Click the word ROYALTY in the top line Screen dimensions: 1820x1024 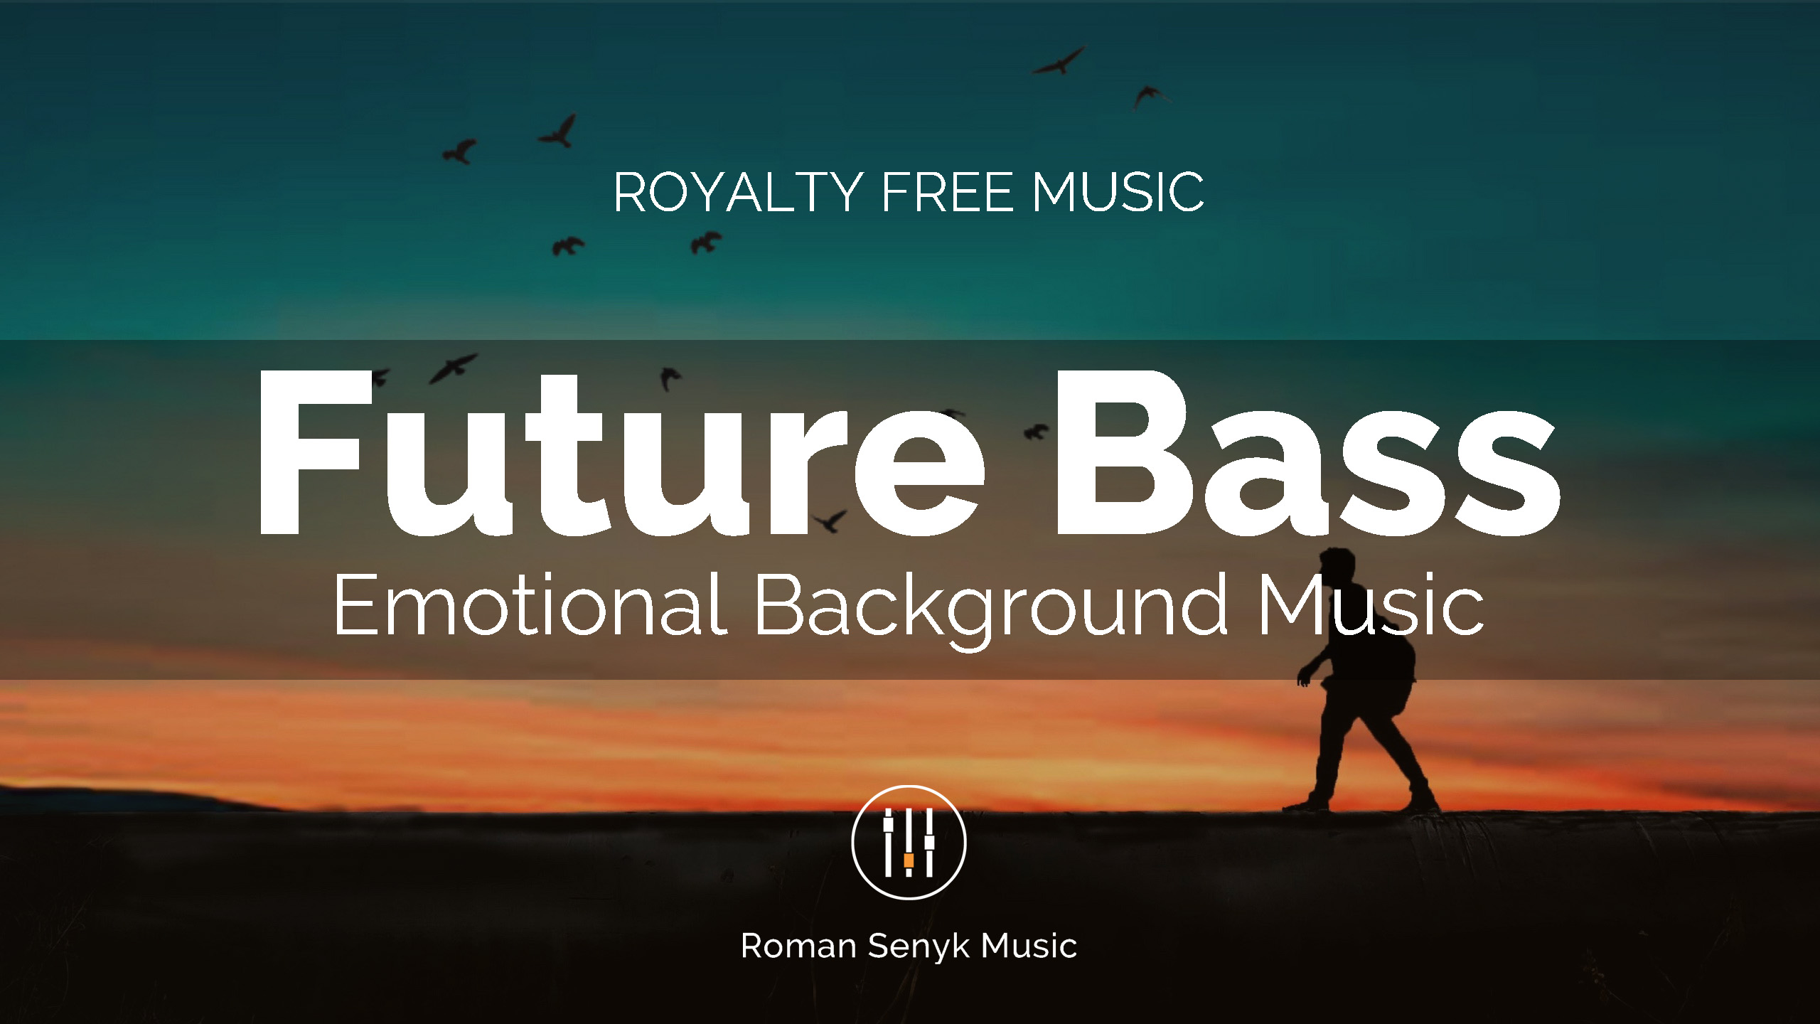(x=737, y=192)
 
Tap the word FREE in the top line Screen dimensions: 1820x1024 (x=947, y=192)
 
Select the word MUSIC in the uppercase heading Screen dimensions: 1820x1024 (x=1118, y=192)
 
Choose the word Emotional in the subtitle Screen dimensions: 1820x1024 (x=530, y=604)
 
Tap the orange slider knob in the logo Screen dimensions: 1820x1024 (x=909, y=860)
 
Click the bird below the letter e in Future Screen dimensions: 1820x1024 (x=830, y=521)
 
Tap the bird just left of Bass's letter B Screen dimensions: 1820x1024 (x=1036, y=431)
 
